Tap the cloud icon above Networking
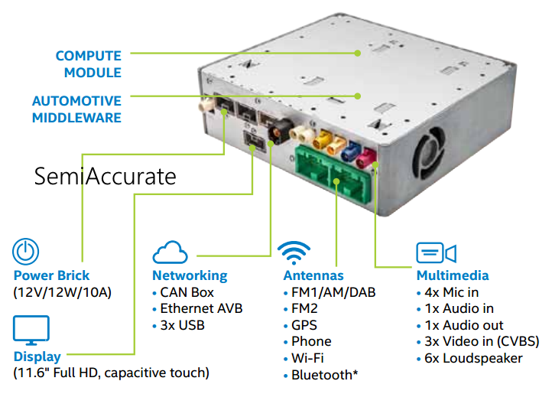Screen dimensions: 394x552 point(170,253)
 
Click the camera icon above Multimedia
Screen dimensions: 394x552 point(436,253)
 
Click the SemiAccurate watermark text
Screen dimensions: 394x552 point(105,177)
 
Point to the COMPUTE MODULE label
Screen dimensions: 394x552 point(88,64)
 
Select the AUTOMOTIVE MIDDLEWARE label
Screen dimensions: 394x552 point(76,109)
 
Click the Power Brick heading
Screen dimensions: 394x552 point(51,275)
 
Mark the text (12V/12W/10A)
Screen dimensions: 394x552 point(63,291)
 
